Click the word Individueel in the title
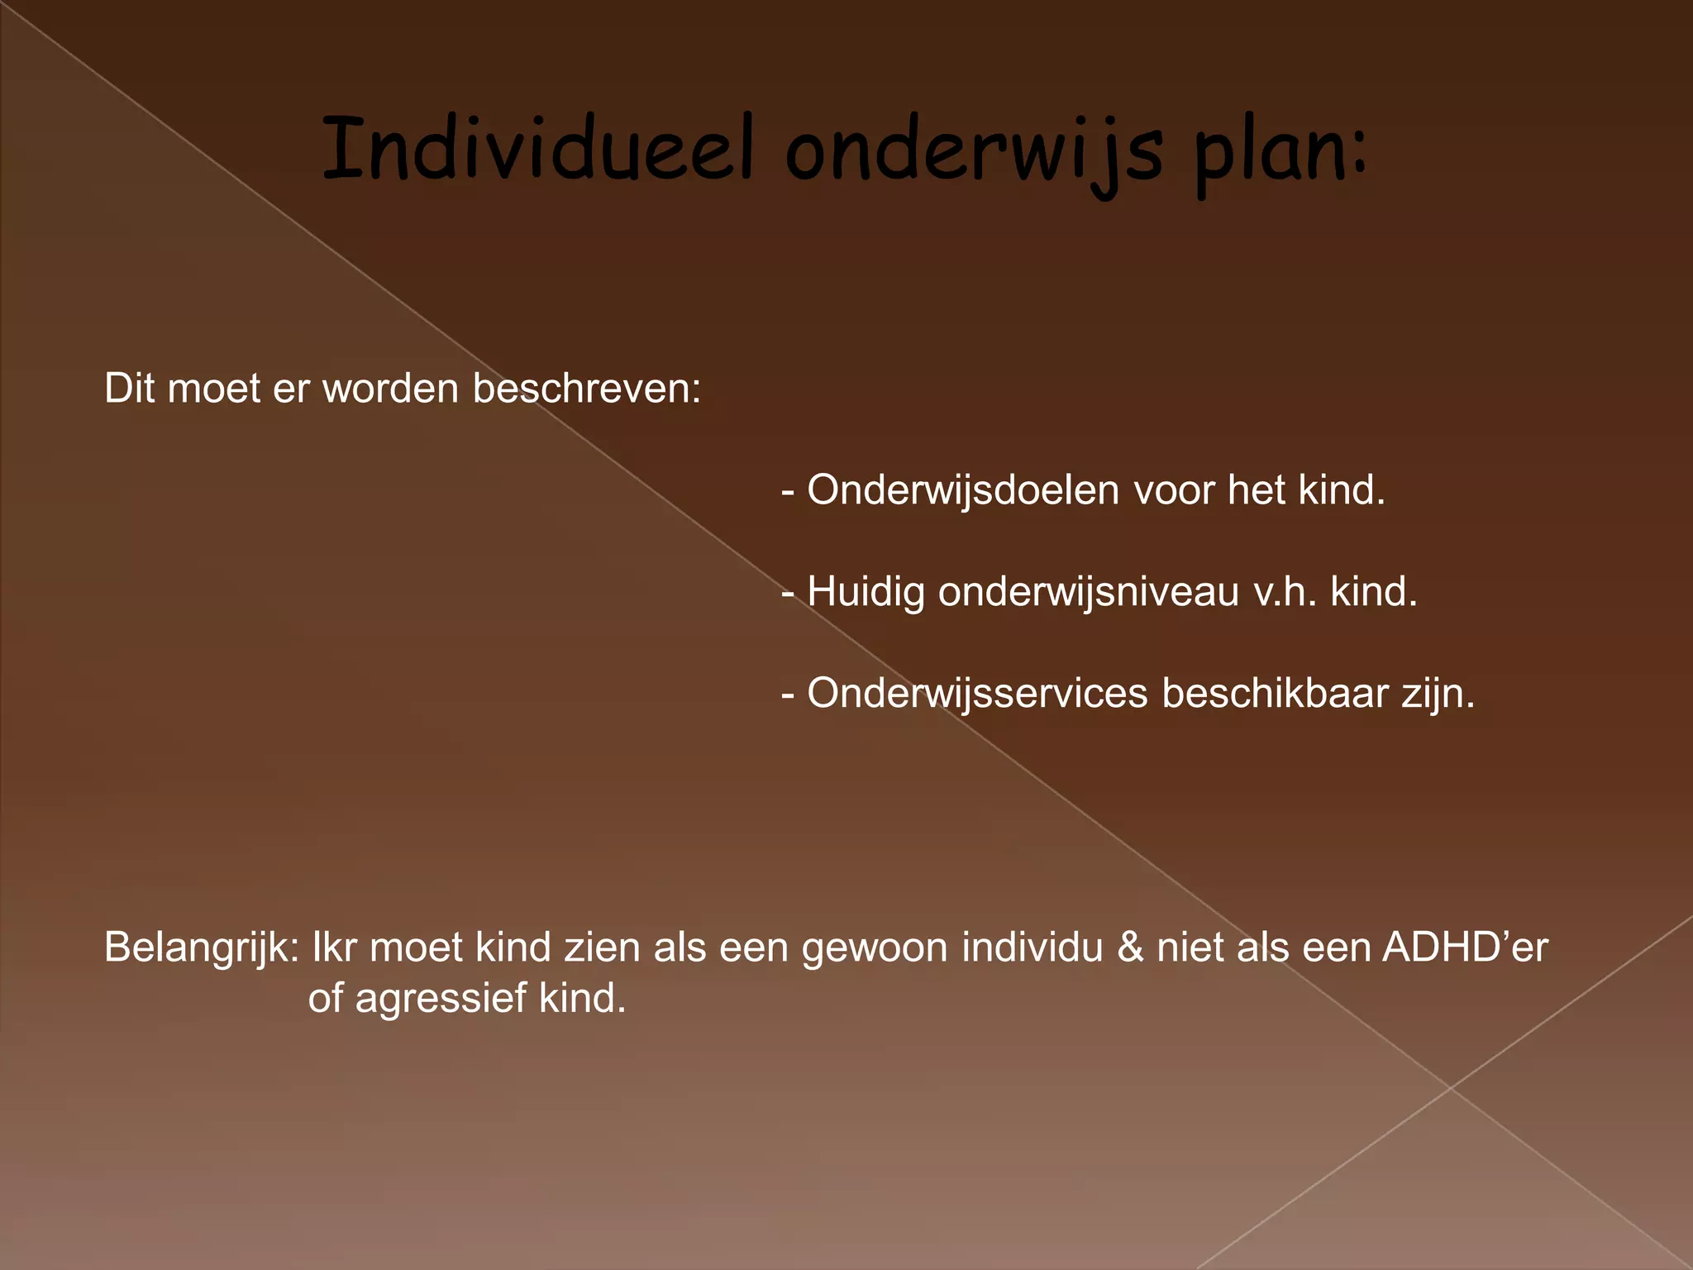click(x=538, y=150)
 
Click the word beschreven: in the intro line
click(x=586, y=388)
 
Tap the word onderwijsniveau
click(x=1088, y=592)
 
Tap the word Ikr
click(x=334, y=948)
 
